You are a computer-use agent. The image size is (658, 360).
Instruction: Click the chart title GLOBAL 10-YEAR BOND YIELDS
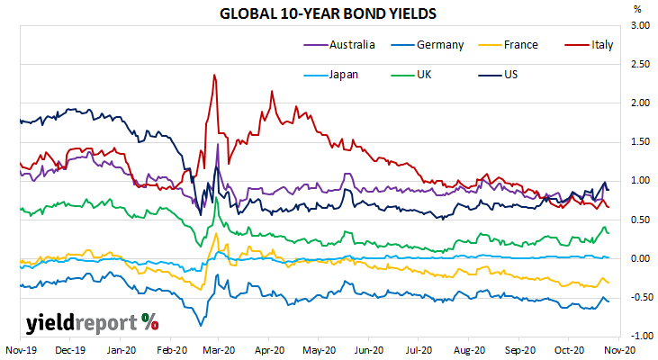[328, 13]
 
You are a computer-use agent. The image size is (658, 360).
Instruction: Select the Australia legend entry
[339, 44]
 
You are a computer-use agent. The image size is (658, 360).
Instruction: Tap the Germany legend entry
[428, 45]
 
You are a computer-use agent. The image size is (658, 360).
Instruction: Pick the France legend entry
[509, 44]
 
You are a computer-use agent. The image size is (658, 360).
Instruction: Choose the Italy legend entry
[590, 45]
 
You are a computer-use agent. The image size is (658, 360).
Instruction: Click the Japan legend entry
[331, 75]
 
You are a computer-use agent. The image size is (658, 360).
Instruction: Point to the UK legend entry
[411, 75]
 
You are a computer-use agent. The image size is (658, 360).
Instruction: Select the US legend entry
[498, 75]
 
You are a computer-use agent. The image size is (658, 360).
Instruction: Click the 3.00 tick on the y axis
[640, 25]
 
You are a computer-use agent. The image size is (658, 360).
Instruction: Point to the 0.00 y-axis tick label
[640, 258]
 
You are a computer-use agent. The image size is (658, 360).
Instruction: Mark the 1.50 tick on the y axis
[640, 142]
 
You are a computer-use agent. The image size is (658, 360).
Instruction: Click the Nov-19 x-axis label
[21, 350]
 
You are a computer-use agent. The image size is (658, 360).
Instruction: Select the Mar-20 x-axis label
[219, 350]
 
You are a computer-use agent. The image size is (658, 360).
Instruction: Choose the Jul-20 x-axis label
[419, 350]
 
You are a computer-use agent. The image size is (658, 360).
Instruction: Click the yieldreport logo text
[92, 323]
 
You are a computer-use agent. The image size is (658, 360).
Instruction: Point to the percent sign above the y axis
[637, 9]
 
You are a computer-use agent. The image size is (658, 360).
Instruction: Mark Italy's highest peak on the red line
[214, 75]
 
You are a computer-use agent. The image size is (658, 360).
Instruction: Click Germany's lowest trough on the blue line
[200, 326]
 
